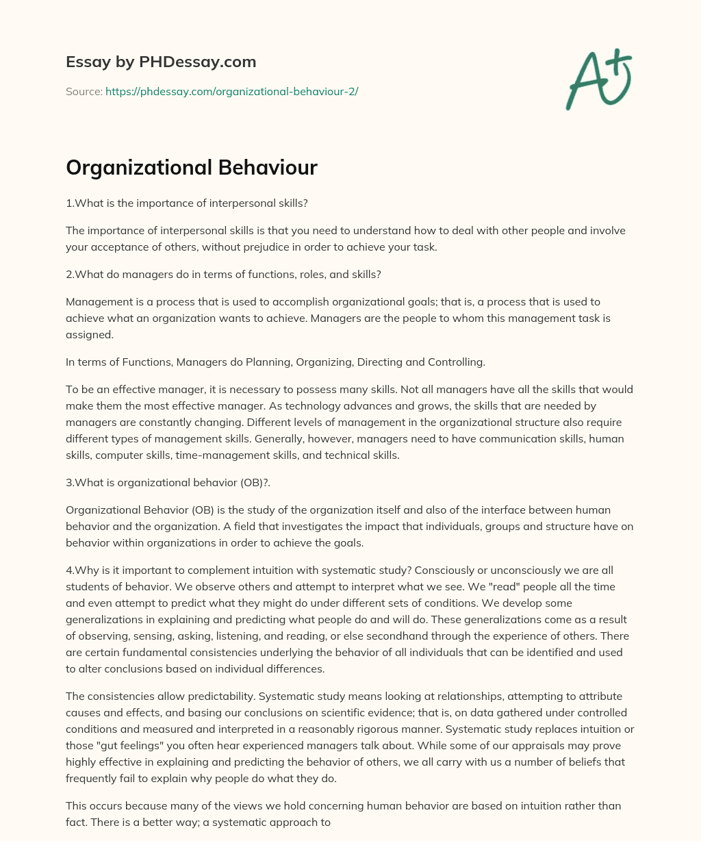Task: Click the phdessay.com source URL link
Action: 231,91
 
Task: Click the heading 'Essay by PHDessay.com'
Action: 161,62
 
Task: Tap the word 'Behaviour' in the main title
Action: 268,167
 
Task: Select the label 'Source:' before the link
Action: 84,91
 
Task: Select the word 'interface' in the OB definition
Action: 485,510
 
